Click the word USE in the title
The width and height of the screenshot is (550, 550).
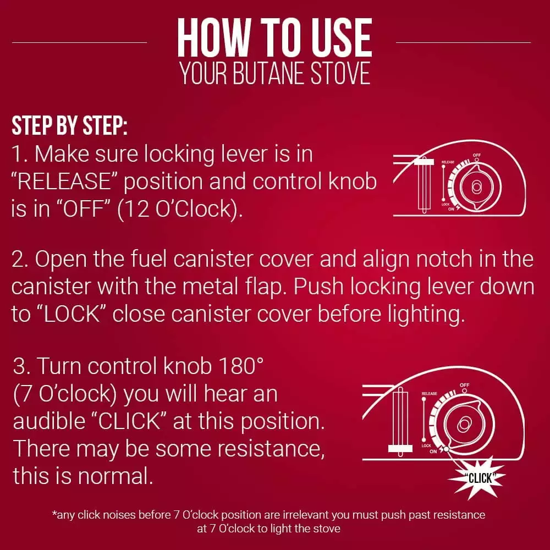coord(342,38)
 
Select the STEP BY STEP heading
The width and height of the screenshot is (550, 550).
coord(69,125)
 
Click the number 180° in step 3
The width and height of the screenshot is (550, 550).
coord(241,366)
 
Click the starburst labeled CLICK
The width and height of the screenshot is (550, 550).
coord(478,477)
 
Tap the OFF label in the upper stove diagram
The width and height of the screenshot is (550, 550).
coord(477,155)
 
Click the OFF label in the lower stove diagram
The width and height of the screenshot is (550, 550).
coord(464,385)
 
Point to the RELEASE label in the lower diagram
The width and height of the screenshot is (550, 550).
coord(430,394)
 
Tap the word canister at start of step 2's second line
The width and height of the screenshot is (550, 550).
coord(52,287)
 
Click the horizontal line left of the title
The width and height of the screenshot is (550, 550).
coord(80,42)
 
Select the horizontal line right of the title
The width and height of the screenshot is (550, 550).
coord(463,42)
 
